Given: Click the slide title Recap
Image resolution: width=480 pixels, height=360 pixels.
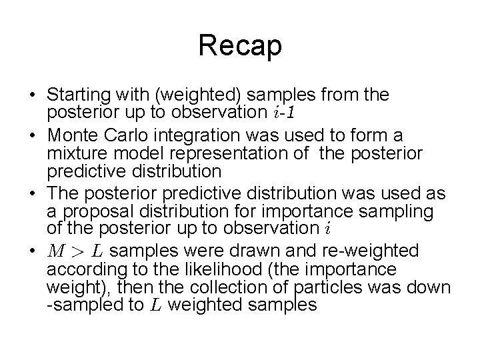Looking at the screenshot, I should point(240,47).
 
